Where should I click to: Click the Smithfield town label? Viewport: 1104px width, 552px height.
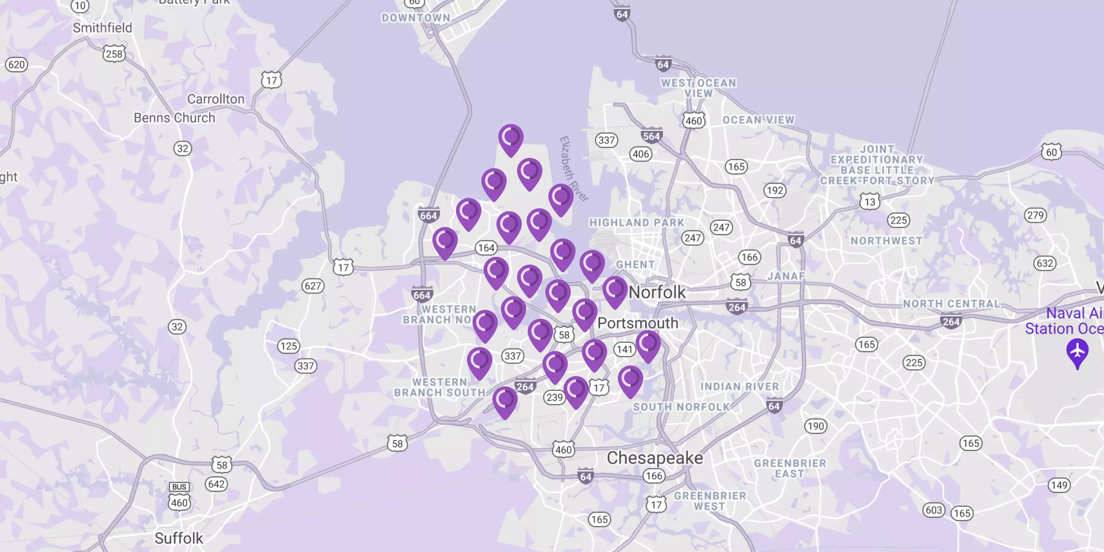[x=102, y=28]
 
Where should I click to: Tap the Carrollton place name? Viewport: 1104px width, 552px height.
[x=216, y=99]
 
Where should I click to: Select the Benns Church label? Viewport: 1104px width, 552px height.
[x=174, y=118]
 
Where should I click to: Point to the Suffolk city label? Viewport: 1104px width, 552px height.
[x=179, y=538]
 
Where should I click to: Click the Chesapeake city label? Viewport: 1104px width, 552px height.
[x=654, y=458]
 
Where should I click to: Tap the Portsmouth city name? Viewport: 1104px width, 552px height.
[x=638, y=323]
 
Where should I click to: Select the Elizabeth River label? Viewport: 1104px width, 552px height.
[x=573, y=169]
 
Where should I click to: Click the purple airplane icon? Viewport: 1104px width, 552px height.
[x=1077, y=352]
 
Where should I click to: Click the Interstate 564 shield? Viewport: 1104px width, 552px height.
[x=651, y=136]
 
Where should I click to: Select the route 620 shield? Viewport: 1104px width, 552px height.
[x=16, y=65]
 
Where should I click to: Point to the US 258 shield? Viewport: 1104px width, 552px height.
[x=114, y=54]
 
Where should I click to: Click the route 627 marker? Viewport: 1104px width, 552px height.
[x=313, y=286]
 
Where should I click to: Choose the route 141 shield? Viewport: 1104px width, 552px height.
[x=624, y=349]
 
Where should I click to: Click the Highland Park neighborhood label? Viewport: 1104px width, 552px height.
[x=636, y=222]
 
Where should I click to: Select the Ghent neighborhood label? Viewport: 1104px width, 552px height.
[x=635, y=265]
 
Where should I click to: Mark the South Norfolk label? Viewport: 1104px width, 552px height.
[x=681, y=407]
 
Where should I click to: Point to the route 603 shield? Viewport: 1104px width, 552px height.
[x=934, y=510]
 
